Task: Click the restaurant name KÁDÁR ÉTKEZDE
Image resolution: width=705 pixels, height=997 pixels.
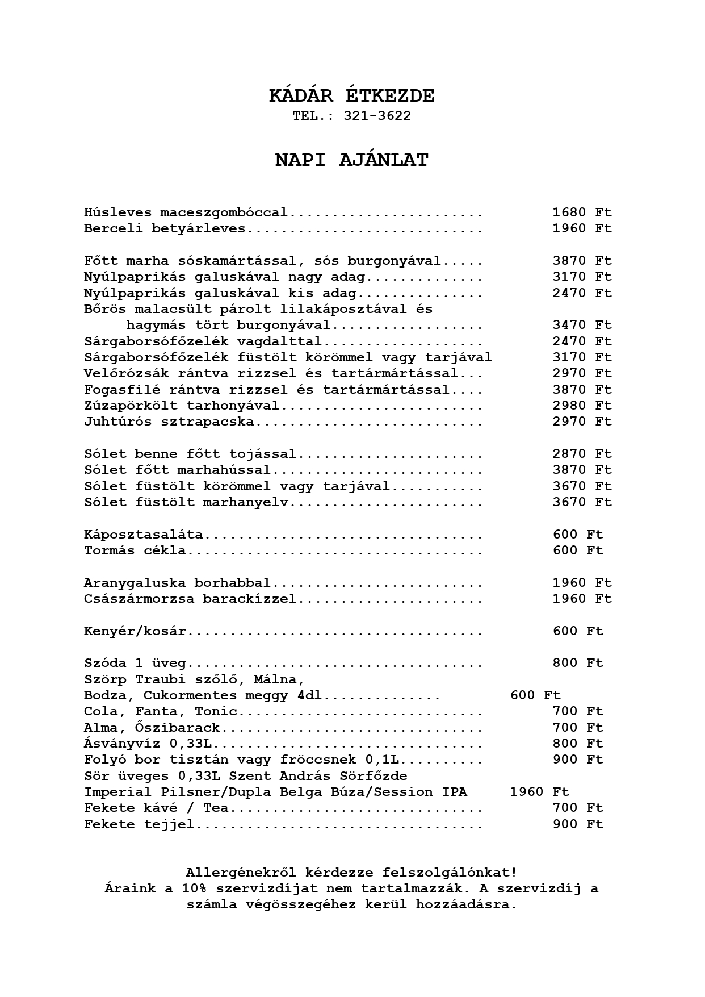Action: [x=352, y=96]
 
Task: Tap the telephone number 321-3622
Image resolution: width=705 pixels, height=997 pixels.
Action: [x=377, y=116]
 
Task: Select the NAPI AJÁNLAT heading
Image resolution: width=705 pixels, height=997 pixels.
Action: [x=352, y=160]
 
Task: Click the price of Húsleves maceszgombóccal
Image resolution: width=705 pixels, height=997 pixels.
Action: [x=582, y=212]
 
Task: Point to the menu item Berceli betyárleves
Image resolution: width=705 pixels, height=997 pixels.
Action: [x=165, y=228]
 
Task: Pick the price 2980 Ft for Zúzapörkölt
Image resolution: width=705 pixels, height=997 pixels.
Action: [x=582, y=406]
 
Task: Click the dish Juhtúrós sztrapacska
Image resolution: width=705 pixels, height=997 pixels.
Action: [x=169, y=422]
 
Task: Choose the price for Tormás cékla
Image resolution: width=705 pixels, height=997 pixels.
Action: [x=578, y=550]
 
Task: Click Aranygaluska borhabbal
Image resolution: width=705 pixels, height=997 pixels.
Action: [x=177, y=583]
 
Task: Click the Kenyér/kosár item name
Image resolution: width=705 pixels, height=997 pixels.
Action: [x=135, y=631]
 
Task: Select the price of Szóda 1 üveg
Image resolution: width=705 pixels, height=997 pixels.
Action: [x=578, y=663]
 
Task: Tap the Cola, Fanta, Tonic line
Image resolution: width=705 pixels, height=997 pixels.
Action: [x=160, y=711]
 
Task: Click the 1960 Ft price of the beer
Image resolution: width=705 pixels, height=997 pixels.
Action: [x=539, y=792]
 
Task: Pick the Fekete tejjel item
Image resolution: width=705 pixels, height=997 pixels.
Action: [x=139, y=824]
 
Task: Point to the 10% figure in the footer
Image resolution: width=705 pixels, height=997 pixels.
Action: [x=194, y=888]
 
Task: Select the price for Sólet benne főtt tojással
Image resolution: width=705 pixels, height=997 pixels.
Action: [x=582, y=454]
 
